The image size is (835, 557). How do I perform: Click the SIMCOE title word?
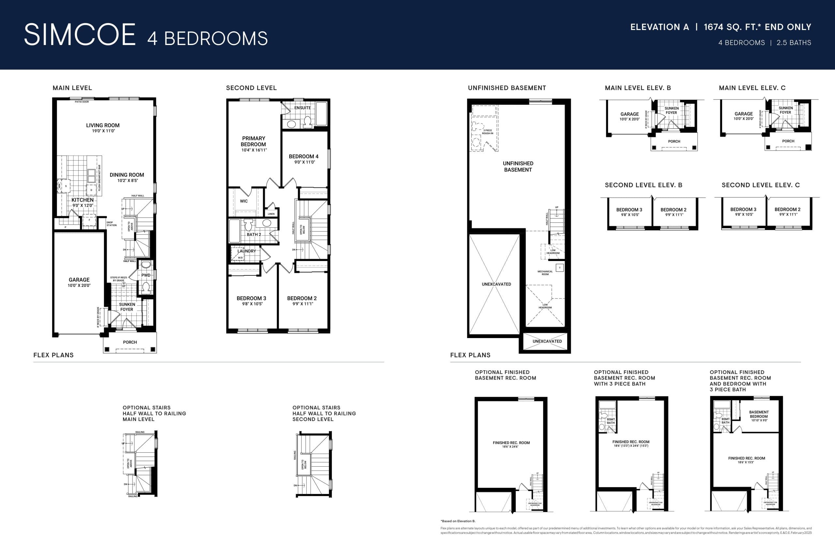click(80, 35)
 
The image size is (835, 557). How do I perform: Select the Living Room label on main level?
click(103, 125)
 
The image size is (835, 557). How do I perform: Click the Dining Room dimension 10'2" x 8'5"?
click(128, 180)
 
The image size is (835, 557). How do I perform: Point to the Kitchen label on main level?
click(83, 200)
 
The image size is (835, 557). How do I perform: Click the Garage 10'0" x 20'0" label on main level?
click(79, 282)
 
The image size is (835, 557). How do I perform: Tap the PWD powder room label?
click(145, 275)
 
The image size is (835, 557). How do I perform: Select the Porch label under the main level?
click(130, 342)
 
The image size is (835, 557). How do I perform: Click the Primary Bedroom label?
click(253, 141)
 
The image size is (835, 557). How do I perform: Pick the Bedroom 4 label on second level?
click(304, 157)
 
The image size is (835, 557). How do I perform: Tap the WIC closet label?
click(244, 201)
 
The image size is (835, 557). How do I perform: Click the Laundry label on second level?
click(246, 251)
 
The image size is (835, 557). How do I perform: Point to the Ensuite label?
click(302, 108)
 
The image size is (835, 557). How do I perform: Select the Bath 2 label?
click(254, 235)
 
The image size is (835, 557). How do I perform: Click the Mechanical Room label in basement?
click(545, 273)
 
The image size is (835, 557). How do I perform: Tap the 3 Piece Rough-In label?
click(487, 132)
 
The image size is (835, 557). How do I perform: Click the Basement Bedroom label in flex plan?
click(759, 414)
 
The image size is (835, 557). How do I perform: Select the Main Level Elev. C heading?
click(752, 88)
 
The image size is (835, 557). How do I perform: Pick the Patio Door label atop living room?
click(82, 102)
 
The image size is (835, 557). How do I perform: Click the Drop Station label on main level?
click(112, 224)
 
